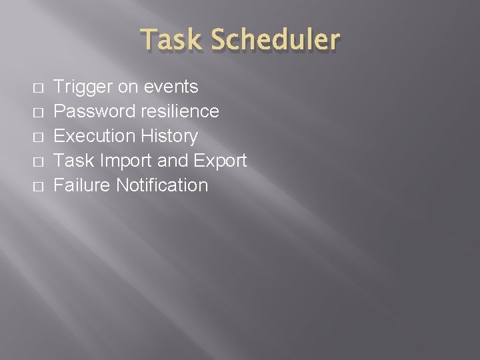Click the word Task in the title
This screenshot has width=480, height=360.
(172, 40)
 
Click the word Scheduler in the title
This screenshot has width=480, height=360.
(275, 40)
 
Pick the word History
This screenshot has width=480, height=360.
(169, 136)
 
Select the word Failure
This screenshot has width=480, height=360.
(81, 185)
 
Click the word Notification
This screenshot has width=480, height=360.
(162, 185)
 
